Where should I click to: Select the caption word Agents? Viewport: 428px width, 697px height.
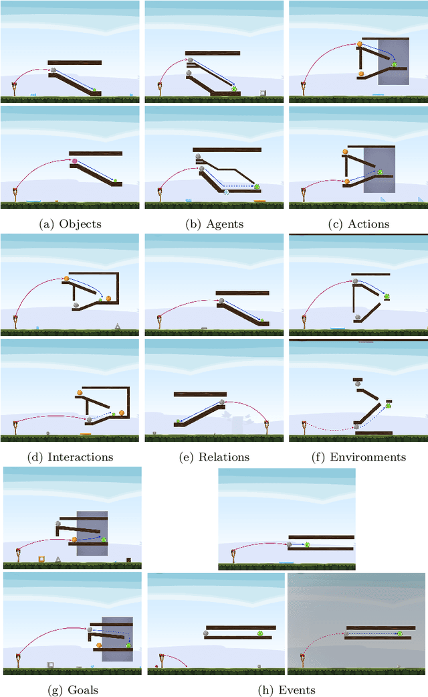[x=224, y=224]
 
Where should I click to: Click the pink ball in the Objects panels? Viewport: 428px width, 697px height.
[x=75, y=161]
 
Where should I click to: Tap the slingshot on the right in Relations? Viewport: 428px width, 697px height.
[x=267, y=428]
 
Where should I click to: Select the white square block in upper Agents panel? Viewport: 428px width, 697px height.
[x=263, y=93]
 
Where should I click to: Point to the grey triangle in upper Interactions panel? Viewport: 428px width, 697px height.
[x=118, y=326]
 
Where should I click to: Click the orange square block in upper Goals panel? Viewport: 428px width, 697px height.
[x=41, y=558]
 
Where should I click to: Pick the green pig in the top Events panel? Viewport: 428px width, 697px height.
[x=307, y=544]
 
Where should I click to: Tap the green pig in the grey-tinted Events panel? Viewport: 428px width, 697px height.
[x=399, y=633]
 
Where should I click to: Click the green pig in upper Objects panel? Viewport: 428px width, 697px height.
[x=94, y=90]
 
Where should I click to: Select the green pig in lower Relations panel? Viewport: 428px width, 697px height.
[x=179, y=421]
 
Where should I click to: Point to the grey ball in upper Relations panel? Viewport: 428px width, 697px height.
[x=221, y=301]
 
